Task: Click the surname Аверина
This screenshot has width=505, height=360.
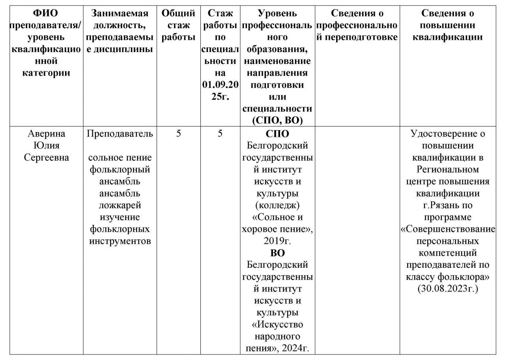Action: click(x=47, y=134)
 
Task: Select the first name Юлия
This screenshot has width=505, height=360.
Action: click(x=47, y=146)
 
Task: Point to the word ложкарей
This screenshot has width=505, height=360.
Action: click(x=120, y=205)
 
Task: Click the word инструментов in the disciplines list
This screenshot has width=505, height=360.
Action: click(x=120, y=241)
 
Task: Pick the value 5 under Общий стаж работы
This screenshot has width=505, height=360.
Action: click(x=179, y=134)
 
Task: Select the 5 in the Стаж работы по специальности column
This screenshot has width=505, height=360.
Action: click(x=220, y=134)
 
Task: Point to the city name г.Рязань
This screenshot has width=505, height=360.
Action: click(x=447, y=205)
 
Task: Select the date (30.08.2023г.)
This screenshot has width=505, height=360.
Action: click(x=447, y=289)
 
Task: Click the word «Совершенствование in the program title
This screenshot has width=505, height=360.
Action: click(x=447, y=229)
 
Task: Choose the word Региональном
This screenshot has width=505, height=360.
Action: click(x=447, y=170)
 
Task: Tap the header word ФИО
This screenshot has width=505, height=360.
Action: click(x=47, y=13)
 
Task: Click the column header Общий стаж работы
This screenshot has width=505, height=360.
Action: click(x=179, y=26)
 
